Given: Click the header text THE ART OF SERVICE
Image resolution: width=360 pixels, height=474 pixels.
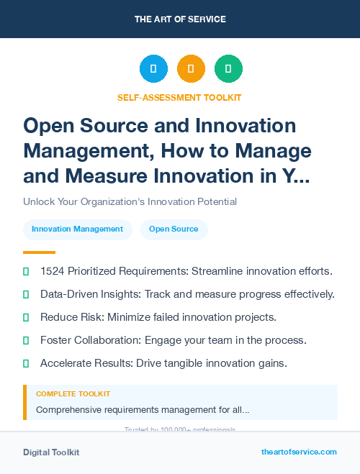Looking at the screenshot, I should pyautogui.click(x=179, y=19).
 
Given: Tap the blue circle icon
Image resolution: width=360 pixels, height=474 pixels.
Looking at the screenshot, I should pyautogui.click(x=153, y=68).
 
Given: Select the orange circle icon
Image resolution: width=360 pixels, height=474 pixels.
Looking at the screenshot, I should pyautogui.click(x=191, y=68).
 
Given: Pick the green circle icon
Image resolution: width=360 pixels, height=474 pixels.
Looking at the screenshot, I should pyautogui.click(x=228, y=68).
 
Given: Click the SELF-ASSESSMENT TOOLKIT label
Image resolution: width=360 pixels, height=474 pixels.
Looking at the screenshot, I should pyautogui.click(x=179, y=97).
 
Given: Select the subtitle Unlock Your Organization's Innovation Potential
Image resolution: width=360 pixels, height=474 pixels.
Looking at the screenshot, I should pyautogui.click(x=130, y=201).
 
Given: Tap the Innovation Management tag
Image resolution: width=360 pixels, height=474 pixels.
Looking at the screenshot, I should pyautogui.click(x=78, y=229).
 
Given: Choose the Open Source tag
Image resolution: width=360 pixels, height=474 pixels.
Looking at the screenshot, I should pyautogui.click(x=174, y=229).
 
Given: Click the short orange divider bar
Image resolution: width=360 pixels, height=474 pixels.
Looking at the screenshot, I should pyautogui.click(x=39, y=252).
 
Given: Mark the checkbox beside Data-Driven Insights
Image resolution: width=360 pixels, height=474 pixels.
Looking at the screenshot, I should pyautogui.click(x=26, y=294).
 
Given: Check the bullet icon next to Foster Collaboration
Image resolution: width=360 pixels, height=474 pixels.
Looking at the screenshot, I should pyautogui.click(x=26, y=340).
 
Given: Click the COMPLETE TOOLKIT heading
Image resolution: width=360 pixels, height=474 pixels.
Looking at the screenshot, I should pyautogui.click(x=73, y=394).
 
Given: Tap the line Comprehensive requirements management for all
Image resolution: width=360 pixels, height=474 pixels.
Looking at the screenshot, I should pyautogui.click(x=143, y=410).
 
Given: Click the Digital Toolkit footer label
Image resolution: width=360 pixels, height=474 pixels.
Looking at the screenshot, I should pyautogui.click(x=51, y=452).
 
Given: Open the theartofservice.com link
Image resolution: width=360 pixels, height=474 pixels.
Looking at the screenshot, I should pyautogui.click(x=299, y=452).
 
